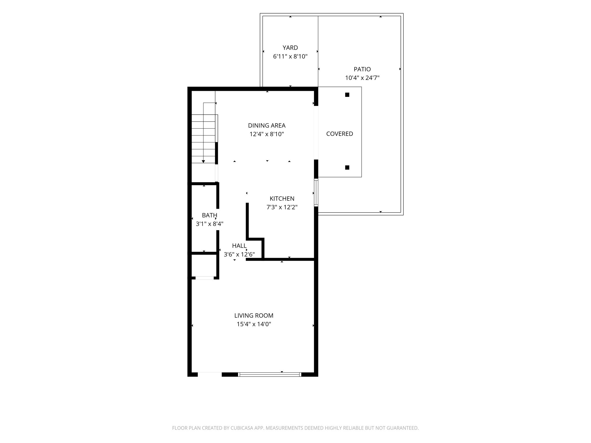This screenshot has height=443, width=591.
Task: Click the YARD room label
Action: pyautogui.click(x=290, y=48)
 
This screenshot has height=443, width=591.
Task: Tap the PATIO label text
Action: pyautogui.click(x=362, y=69)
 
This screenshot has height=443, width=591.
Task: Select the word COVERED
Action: pyautogui.click(x=340, y=134)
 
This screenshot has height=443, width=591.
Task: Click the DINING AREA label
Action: pyautogui.click(x=267, y=125)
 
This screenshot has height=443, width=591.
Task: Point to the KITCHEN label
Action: pyautogui.click(x=282, y=198)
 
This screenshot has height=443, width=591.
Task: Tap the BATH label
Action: pyautogui.click(x=210, y=215)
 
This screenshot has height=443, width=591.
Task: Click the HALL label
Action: pyautogui.click(x=239, y=246)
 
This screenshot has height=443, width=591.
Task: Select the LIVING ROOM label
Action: pyautogui.click(x=254, y=316)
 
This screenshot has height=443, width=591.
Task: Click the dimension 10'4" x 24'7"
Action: pyautogui.click(x=362, y=78)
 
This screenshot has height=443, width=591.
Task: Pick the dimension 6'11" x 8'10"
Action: pyautogui.click(x=290, y=56)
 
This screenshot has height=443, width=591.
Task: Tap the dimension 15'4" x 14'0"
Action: pyautogui.click(x=254, y=324)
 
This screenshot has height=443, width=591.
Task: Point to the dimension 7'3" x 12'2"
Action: pyautogui.click(x=282, y=207)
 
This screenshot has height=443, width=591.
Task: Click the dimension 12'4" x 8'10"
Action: pyautogui.click(x=267, y=134)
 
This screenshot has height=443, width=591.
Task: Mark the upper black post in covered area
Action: pyautogui.click(x=347, y=95)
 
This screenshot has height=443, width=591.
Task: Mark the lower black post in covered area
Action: pyautogui.click(x=347, y=168)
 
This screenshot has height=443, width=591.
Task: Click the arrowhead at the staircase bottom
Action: pyautogui.click(x=203, y=162)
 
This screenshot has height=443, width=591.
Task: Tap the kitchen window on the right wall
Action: pyautogui.click(x=316, y=193)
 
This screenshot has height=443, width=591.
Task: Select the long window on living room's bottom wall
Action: pyautogui.click(x=270, y=374)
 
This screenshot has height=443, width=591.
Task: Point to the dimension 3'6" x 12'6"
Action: pyautogui.click(x=239, y=254)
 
